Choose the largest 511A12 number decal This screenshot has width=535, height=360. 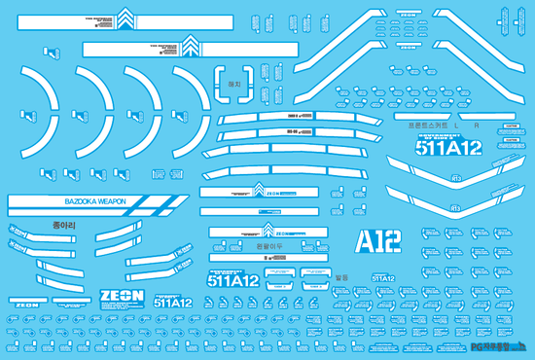[x=447, y=149]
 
